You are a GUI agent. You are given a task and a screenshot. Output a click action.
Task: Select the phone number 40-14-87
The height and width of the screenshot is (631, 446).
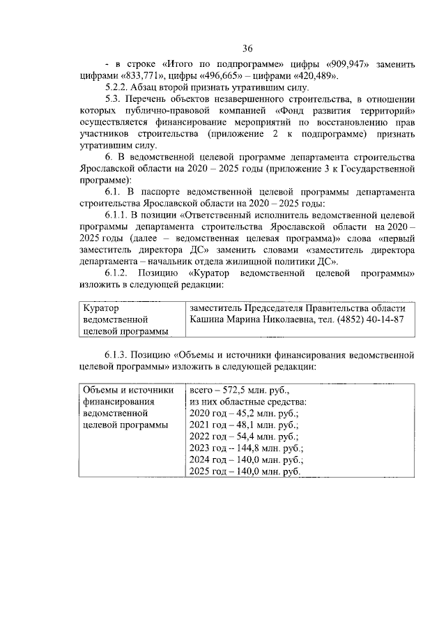point(382,319)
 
